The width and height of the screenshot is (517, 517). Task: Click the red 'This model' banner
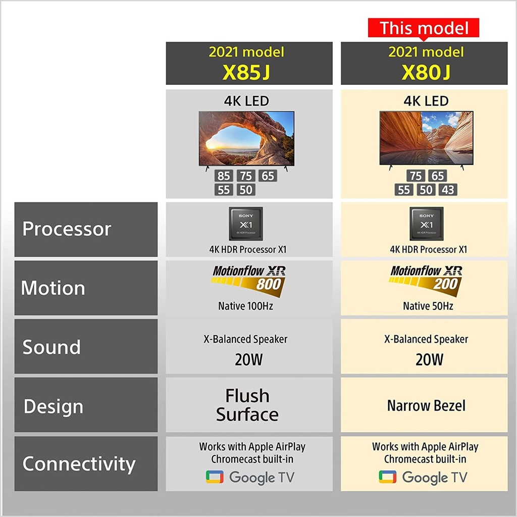pyautogui.click(x=424, y=28)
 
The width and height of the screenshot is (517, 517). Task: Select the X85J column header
pyautogui.click(x=249, y=63)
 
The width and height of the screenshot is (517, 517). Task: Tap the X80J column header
pyautogui.click(x=424, y=63)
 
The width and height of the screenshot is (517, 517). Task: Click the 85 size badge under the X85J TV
pyautogui.click(x=224, y=176)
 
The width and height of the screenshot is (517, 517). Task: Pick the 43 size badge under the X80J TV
pyautogui.click(x=448, y=190)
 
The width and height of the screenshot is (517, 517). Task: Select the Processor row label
pyautogui.click(x=86, y=229)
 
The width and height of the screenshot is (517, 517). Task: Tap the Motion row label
pyautogui.click(x=86, y=288)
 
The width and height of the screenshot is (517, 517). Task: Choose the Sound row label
pyautogui.click(x=86, y=346)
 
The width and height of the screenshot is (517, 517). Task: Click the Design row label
pyautogui.click(x=86, y=404)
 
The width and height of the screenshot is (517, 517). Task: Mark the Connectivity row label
pyautogui.click(x=86, y=463)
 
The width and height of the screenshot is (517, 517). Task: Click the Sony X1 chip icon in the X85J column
pyautogui.click(x=246, y=224)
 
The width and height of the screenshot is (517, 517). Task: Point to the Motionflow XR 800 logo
pyautogui.click(x=248, y=280)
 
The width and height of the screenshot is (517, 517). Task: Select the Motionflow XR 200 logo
pyautogui.click(x=425, y=280)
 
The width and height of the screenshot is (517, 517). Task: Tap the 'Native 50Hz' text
pyautogui.click(x=428, y=306)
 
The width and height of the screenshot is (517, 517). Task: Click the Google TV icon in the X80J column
pyautogui.click(x=387, y=477)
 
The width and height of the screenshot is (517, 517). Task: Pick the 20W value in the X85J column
pyautogui.click(x=248, y=359)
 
